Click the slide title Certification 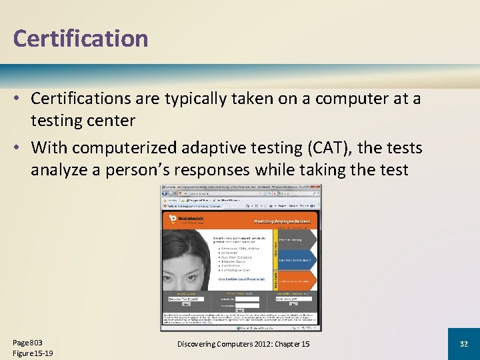(x=80, y=38)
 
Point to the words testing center (x=83, y=121)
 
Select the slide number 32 (x=463, y=343)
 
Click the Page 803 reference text (x=27, y=342)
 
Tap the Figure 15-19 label (x=33, y=353)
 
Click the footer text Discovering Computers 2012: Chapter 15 (x=243, y=343)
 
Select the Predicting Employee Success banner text (x=281, y=221)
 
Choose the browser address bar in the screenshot (x=220, y=190)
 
